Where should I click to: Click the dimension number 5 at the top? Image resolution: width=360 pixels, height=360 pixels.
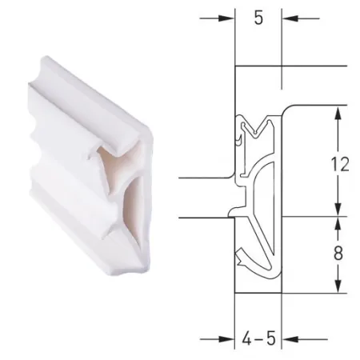click(x=258, y=18)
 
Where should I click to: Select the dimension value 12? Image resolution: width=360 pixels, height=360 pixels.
click(x=339, y=164)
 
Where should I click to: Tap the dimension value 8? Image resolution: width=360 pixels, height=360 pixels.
click(x=338, y=253)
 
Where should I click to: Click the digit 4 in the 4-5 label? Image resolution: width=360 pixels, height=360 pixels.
click(x=247, y=338)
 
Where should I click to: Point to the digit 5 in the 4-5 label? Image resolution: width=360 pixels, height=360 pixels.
click(x=270, y=338)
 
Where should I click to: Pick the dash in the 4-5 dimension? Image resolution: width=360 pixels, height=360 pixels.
click(x=258, y=340)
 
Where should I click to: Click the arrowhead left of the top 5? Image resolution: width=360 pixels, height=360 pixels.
click(x=226, y=18)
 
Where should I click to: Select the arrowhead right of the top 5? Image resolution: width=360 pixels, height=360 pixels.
click(x=290, y=18)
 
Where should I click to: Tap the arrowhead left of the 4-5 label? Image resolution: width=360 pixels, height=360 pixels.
click(x=226, y=339)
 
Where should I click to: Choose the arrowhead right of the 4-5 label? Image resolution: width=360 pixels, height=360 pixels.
click(x=290, y=339)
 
